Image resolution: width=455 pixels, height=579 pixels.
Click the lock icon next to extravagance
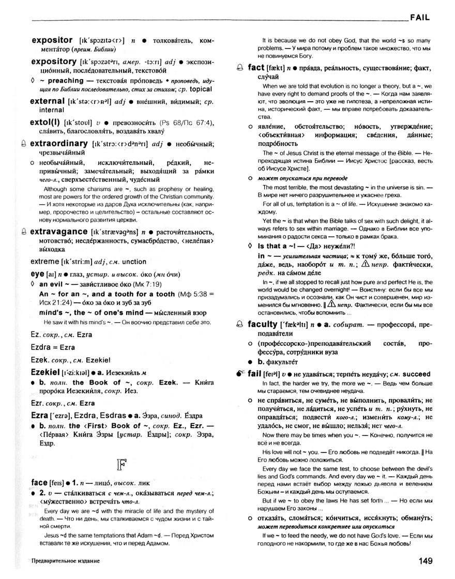pos(25,233)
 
